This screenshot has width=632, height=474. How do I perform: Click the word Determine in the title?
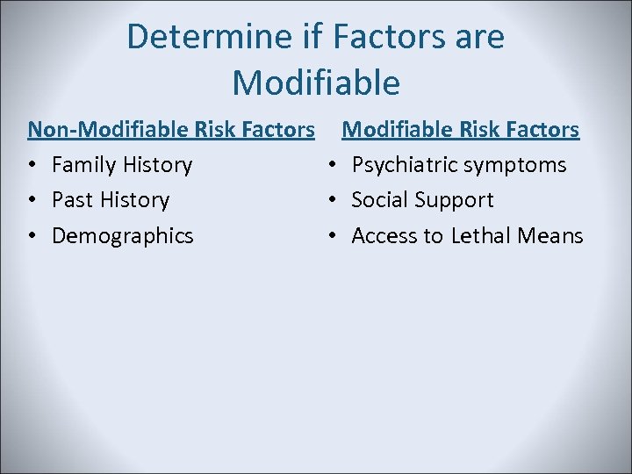tap(209, 37)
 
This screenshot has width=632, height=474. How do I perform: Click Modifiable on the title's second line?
tap(316, 83)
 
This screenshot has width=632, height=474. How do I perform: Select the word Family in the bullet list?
tap(84, 165)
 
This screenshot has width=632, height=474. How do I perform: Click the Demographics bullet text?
tap(123, 236)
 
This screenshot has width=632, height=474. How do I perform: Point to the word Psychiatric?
tap(405, 165)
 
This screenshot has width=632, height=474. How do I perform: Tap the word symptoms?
tap(515, 166)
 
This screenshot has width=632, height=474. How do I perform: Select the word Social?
tap(380, 200)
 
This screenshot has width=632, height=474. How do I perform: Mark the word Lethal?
tap(481, 235)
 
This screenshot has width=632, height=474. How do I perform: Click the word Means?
tap(550, 235)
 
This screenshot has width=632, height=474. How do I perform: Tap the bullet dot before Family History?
tap(32, 165)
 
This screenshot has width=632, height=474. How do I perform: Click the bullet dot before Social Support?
tap(332, 200)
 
